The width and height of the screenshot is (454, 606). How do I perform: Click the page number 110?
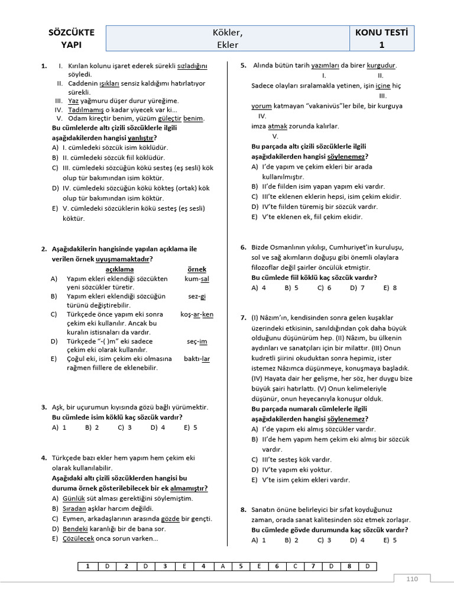411,579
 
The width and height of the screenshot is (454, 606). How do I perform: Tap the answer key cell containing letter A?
222,566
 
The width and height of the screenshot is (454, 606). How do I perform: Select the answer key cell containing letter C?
294,566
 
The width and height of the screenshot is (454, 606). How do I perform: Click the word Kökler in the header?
228,33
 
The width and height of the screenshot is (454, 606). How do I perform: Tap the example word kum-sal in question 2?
196,278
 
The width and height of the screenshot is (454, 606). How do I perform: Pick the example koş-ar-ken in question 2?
197,315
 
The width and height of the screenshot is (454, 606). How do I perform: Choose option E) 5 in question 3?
190,427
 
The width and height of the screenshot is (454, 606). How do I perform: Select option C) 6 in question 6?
324,288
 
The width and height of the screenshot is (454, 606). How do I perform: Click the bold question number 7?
243,318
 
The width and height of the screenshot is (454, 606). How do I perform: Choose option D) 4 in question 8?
357,540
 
